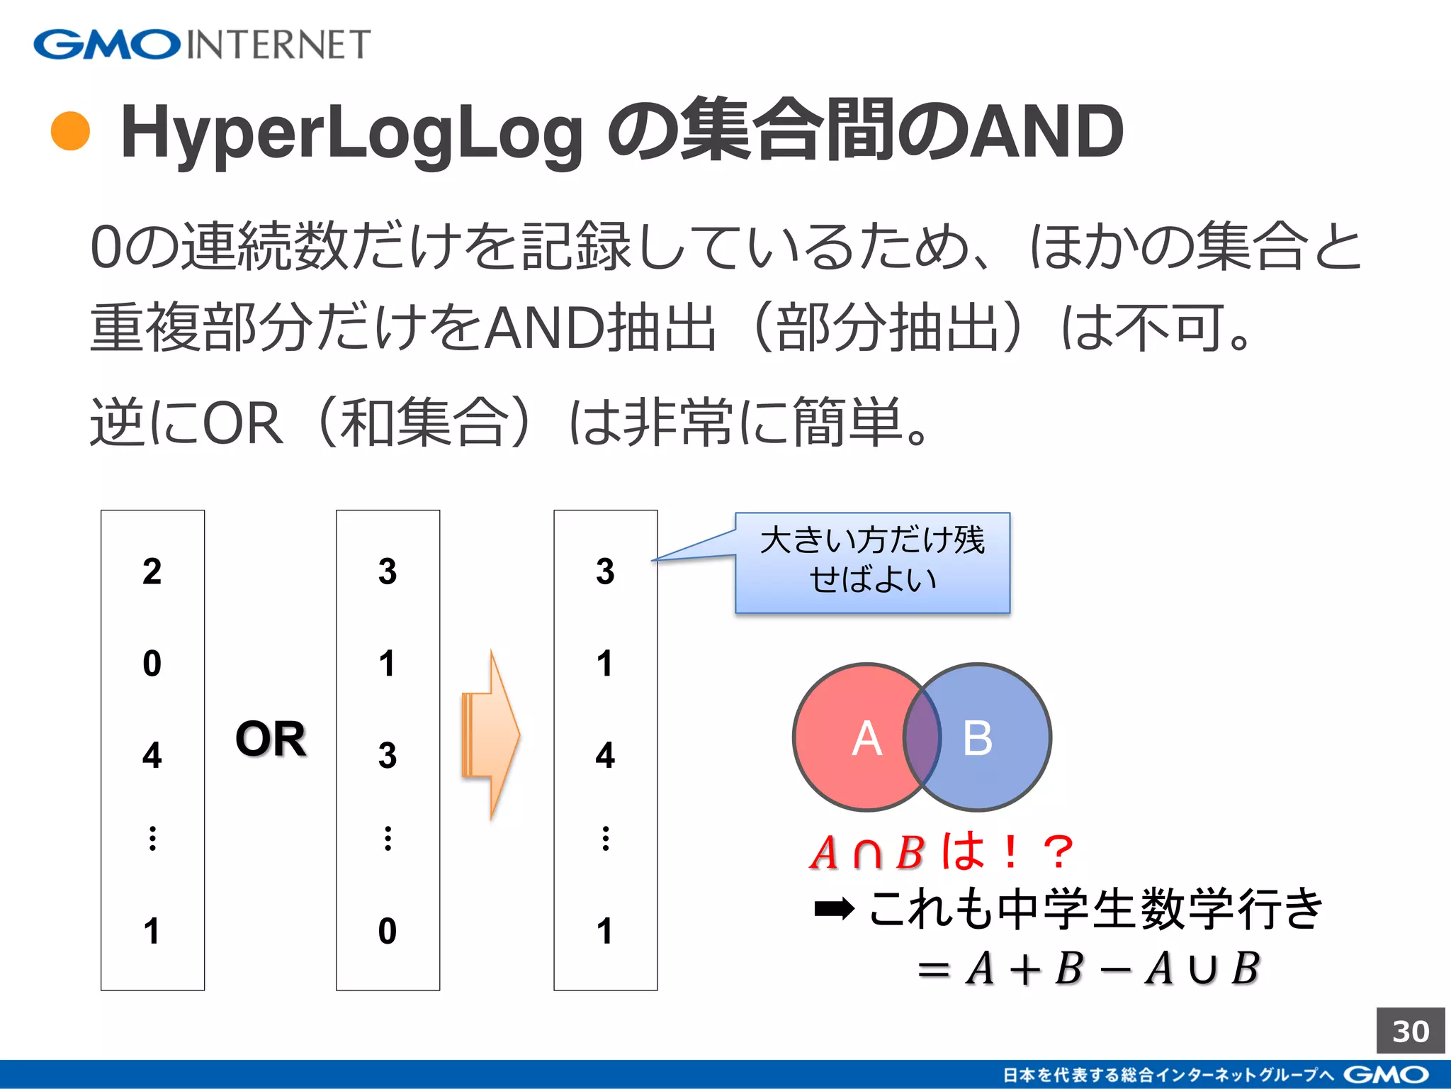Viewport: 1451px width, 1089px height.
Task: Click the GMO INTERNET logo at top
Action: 202,45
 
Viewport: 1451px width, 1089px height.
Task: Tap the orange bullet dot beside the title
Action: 71,131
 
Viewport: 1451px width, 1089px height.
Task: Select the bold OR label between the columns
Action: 271,738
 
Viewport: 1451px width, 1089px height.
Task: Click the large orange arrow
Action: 492,735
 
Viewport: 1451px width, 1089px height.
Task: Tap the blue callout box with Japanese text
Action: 872,562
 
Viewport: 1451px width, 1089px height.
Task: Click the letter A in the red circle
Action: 866,738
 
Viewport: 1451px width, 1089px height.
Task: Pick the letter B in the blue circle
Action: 978,738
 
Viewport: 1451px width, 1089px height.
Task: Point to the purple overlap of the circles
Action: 922,737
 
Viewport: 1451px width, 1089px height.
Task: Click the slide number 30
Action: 1410,1031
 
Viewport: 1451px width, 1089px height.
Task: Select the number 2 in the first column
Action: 152,571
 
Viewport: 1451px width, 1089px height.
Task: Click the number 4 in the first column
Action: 152,755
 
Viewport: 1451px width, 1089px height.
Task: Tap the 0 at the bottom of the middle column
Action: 388,931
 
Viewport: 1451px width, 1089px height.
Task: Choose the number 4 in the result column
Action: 605,755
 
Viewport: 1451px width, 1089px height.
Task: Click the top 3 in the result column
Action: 605,571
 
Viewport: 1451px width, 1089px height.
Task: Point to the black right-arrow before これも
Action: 834,908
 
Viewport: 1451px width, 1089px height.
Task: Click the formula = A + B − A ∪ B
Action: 1088,968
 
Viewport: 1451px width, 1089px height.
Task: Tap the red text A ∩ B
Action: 868,852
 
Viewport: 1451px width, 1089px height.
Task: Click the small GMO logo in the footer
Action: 1386,1075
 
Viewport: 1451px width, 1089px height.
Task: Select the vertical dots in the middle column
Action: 388,838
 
